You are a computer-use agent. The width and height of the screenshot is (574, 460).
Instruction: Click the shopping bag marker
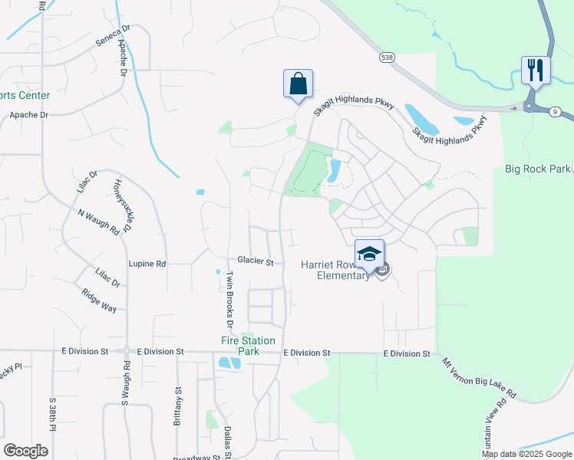(298, 84)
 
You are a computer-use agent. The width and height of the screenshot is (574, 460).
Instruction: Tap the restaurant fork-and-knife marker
(535, 71)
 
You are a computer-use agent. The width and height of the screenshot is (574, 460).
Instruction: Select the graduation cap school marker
(369, 254)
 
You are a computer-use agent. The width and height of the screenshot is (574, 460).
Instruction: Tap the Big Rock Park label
(537, 169)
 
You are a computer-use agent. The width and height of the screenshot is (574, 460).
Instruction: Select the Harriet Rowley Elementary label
(335, 270)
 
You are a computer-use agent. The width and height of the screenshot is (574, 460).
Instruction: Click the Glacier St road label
(256, 262)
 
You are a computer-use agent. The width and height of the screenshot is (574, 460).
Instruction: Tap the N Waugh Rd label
(98, 221)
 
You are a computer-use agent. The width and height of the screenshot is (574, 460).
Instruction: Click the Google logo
(26, 450)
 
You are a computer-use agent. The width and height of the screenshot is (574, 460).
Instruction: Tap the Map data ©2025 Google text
(526, 454)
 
